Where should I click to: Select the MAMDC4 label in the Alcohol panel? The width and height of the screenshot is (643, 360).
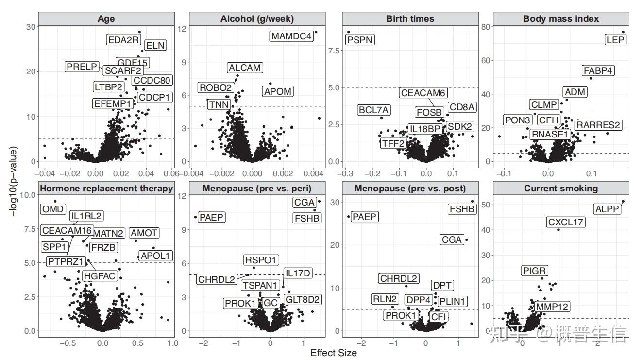click(291, 36)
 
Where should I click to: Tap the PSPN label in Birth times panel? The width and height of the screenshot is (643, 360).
click(360, 39)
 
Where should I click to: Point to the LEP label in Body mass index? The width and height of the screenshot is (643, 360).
click(616, 40)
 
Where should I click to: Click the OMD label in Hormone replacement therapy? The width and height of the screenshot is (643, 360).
click(53, 209)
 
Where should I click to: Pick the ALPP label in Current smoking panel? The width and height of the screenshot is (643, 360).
click(607, 209)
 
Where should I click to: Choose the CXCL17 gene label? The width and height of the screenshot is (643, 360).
click(566, 223)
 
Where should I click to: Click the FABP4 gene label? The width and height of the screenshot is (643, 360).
click(598, 70)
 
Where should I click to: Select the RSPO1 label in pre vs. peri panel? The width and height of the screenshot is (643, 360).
click(262, 260)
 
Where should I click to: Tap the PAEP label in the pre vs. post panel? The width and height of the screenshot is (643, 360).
click(364, 217)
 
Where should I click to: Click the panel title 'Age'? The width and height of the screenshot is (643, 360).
click(106, 19)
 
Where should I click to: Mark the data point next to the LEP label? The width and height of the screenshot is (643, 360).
click(623, 32)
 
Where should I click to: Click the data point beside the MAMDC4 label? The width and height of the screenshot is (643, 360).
click(316, 32)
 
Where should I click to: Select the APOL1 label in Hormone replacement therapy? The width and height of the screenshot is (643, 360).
click(155, 255)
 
